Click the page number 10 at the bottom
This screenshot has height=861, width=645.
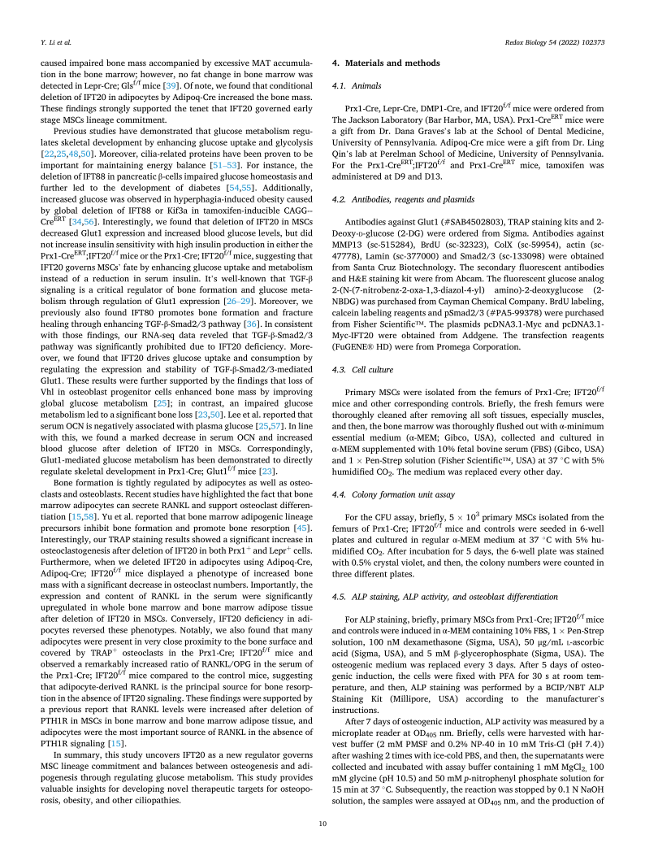pos(322,824)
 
